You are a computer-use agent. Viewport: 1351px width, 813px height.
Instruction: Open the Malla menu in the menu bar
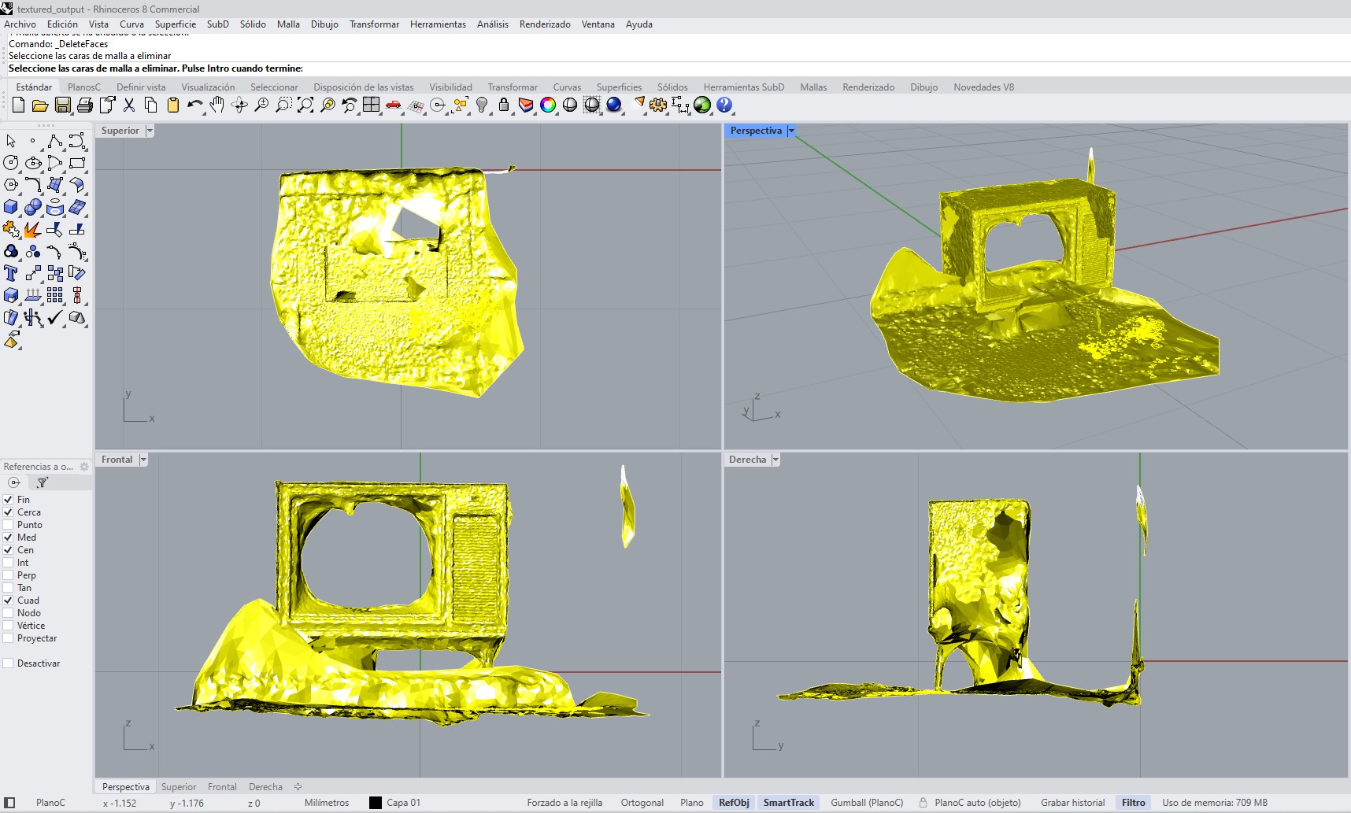[x=288, y=24]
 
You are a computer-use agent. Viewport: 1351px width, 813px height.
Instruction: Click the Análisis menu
[x=492, y=24]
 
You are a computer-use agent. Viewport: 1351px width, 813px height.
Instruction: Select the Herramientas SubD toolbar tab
[x=743, y=87]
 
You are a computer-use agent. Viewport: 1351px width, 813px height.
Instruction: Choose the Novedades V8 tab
[x=983, y=87]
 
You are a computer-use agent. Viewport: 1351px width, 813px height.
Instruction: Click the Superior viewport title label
[x=120, y=131]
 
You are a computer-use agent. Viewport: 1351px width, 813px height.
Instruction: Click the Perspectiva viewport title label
[x=755, y=131]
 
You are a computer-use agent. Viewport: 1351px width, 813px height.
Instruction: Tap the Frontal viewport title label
[x=117, y=460]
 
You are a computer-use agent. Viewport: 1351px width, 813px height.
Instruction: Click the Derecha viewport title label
[x=747, y=460]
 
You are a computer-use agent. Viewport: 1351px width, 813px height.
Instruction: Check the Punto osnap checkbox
[x=9, y=525]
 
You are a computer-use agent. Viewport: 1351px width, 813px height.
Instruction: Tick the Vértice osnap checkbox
[x=9, y=626]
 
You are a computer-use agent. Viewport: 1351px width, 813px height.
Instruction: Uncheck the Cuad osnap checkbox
[x=9, y=601]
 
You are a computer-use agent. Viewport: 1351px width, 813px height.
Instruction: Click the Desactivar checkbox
[x=9, y=663]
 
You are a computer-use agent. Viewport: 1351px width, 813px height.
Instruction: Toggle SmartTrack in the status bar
[x=788, y=803]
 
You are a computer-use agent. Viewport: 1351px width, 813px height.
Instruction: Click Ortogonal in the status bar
[x=642, y=803]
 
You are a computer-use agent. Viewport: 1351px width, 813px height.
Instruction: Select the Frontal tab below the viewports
[x=222, y=787]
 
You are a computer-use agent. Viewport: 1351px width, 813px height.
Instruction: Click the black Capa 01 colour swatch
[x=376, y=803]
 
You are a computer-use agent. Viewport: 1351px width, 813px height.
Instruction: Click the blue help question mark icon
[x=724, y=105]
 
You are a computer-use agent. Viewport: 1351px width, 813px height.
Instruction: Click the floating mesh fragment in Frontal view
[x=627, y=512]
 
